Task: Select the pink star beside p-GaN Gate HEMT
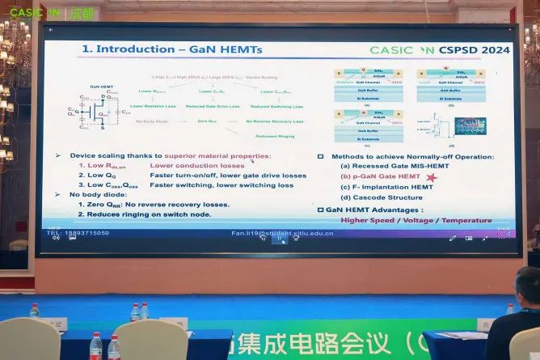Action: click(x=432, y=176)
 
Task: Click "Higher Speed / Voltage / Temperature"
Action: click(x=416, y=220)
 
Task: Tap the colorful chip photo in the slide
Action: click(x=470, y=125)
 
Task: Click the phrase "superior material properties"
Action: click(x=217, y=155)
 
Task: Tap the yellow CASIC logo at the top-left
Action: click(x=32, y=13)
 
